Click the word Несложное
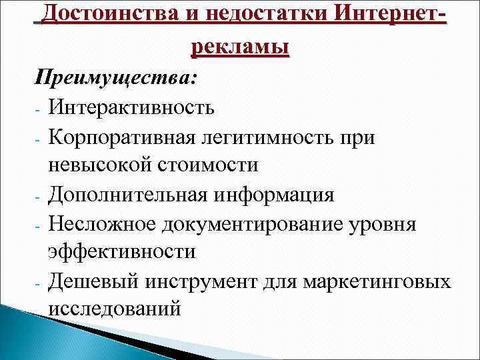pos(103,224)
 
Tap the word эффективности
pos(121,252)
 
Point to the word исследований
pos(113,309)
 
